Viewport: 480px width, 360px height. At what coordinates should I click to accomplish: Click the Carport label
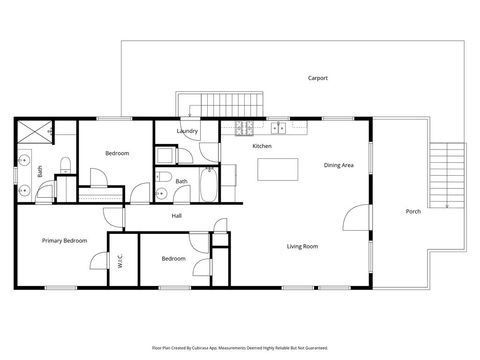(318, 78)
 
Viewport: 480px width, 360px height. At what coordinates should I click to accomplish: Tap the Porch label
(413, 212)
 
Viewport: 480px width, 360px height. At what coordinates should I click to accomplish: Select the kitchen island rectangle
(278, 170)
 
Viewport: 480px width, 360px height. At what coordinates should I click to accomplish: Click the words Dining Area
(339, 165)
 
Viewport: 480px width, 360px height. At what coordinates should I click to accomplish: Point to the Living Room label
(302, 245)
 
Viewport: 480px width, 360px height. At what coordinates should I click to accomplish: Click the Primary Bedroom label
(63, 241)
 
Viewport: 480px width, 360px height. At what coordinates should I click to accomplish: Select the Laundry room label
(187, 131)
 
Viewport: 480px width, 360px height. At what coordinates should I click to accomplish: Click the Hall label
(176, 216)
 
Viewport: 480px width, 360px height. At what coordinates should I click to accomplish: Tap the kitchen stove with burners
(242, 127)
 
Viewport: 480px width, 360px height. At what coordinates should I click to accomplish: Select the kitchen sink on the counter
(278, 127)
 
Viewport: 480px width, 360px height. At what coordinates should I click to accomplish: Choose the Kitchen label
(262, 147)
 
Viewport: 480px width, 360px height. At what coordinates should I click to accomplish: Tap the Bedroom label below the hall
(173, 259)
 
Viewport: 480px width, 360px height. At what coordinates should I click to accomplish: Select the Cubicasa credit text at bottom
(238, 348)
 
